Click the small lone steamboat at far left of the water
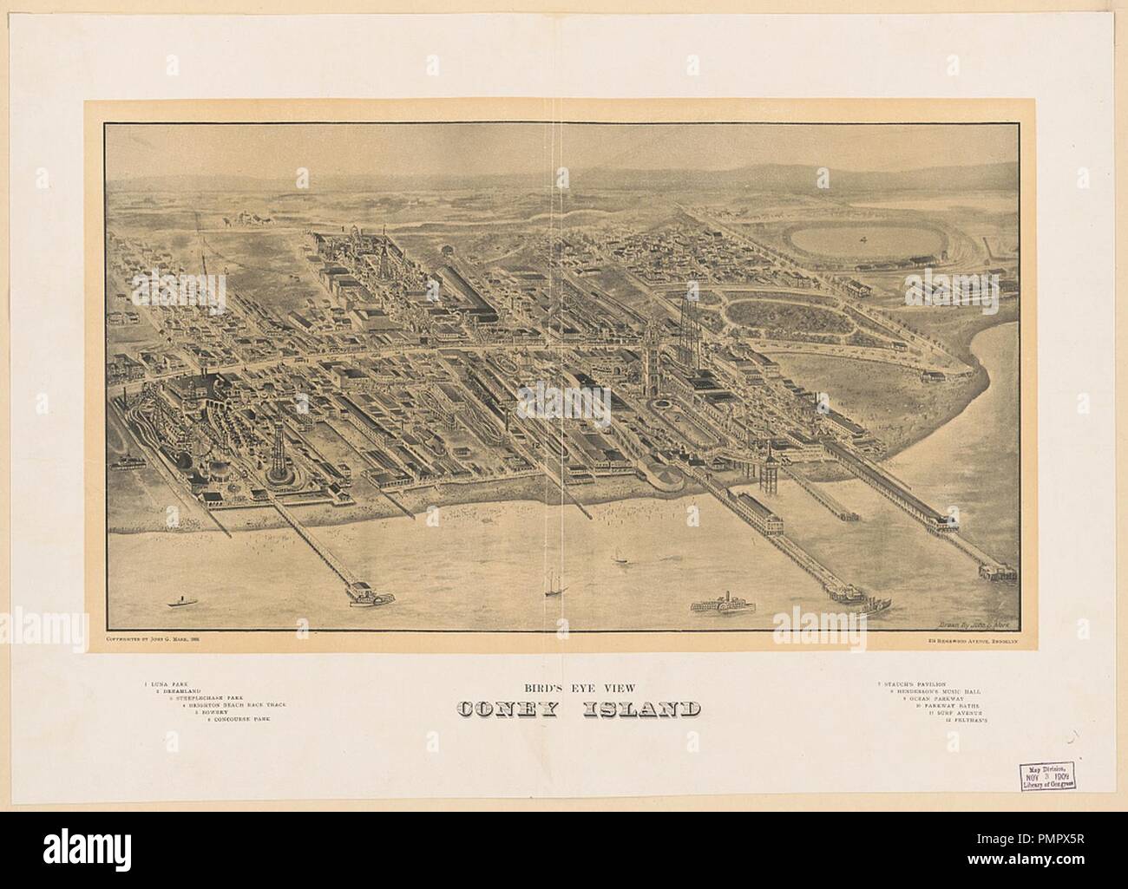181,600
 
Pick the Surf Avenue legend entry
958,712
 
